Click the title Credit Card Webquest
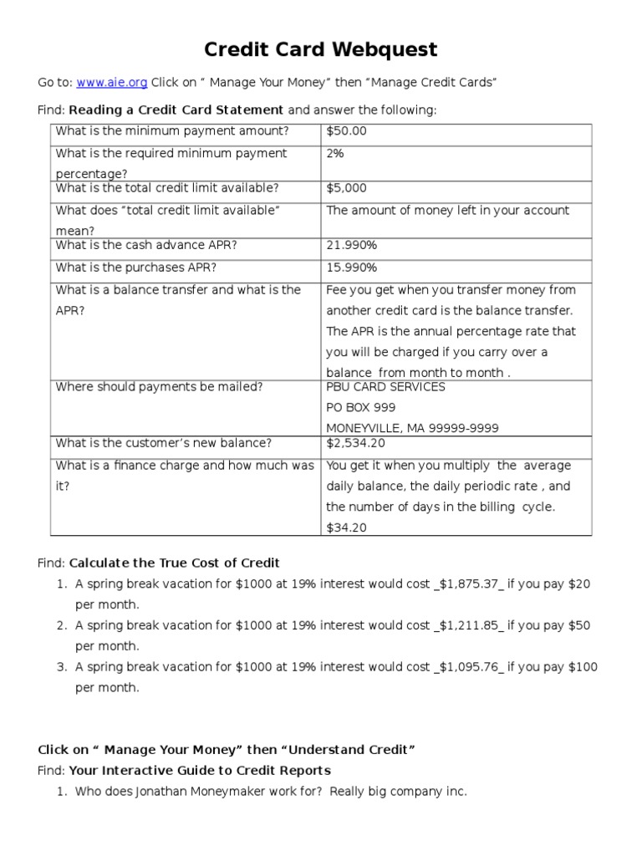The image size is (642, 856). (321, 49)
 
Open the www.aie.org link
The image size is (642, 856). (112, 82)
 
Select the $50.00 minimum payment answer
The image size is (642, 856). (346, 131)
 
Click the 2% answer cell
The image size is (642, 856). (335, 154)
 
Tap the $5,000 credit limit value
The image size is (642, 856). (346, 189)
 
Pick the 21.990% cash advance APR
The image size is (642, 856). (351, 246)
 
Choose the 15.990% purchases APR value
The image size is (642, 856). (351, 268)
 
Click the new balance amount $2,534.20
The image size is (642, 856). (355, 444)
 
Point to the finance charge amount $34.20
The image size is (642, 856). (346, 528)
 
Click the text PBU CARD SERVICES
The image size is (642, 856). (385, 387)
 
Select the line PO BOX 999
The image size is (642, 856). (360, 408)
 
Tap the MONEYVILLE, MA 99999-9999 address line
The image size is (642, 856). (412, 429)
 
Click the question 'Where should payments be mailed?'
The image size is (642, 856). (159, 387)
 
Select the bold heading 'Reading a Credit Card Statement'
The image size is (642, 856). (176, 110)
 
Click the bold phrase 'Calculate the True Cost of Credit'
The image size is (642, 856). (174, 563)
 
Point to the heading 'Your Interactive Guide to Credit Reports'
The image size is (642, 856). (199, 771)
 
